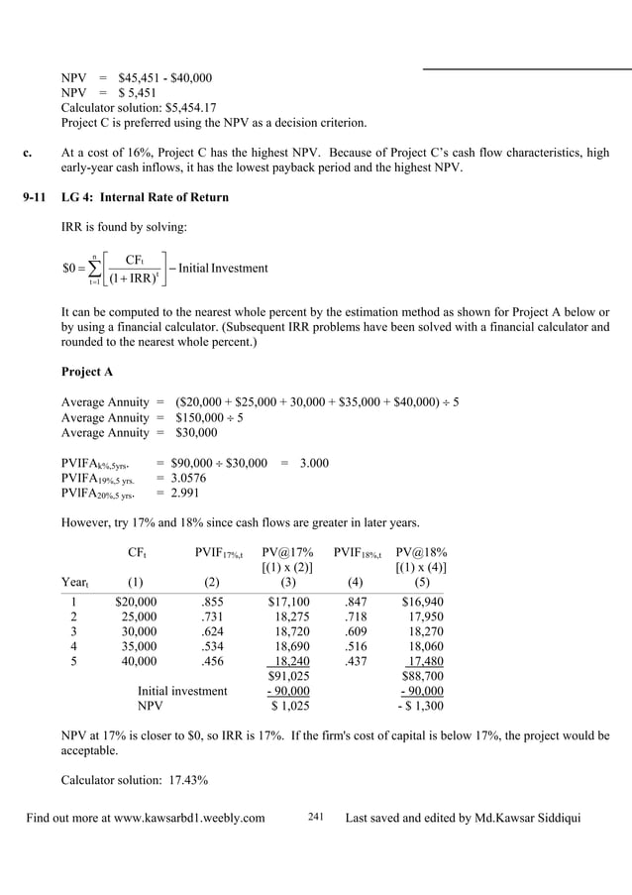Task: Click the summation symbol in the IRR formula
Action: pos(95,269)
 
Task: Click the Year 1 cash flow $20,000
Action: pos(136,602)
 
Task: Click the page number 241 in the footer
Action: pos(316,817)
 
